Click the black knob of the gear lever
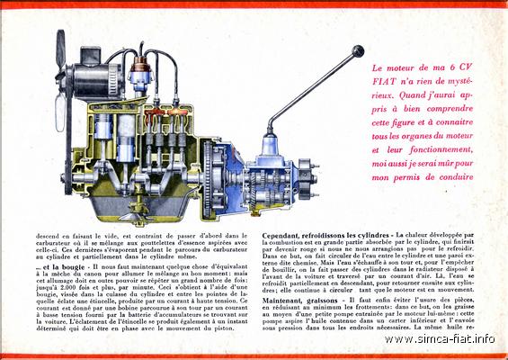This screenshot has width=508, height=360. point(359,52)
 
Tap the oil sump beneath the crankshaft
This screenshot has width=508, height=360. point(135,211)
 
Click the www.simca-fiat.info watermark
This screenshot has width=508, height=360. point(459,339)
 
